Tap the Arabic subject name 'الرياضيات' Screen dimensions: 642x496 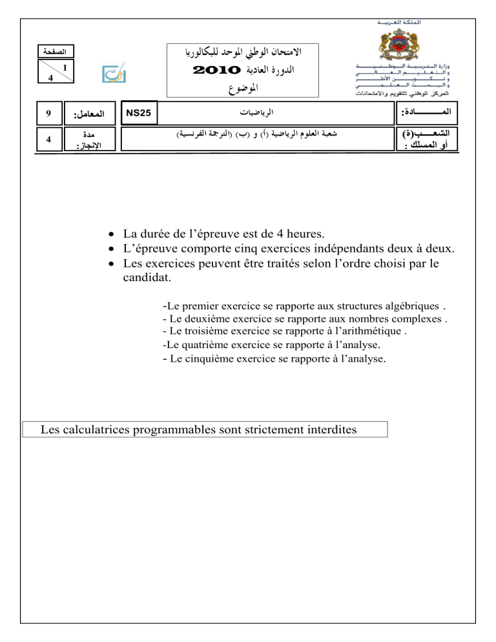(238, 112)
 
